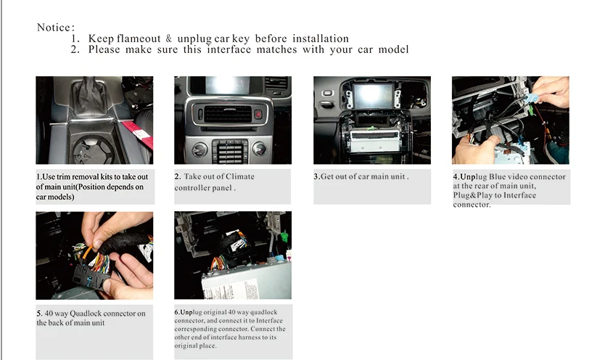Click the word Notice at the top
coord(54,28)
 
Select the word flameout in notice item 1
coord(139,38)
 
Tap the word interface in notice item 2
coord(229,49)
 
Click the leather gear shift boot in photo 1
coord(90,96)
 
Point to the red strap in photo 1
coord(138,134)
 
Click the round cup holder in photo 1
coord(94,150)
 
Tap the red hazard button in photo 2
coord(258,114)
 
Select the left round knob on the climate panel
coord(200,149)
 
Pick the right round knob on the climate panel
coord(259,149)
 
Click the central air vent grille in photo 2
coord(228,114)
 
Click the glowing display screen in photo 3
coord(373,96)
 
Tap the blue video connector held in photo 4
coord(532,99)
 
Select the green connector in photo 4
coord(531,110)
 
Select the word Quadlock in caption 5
coord(86,314)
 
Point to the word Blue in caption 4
coord(497,177)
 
